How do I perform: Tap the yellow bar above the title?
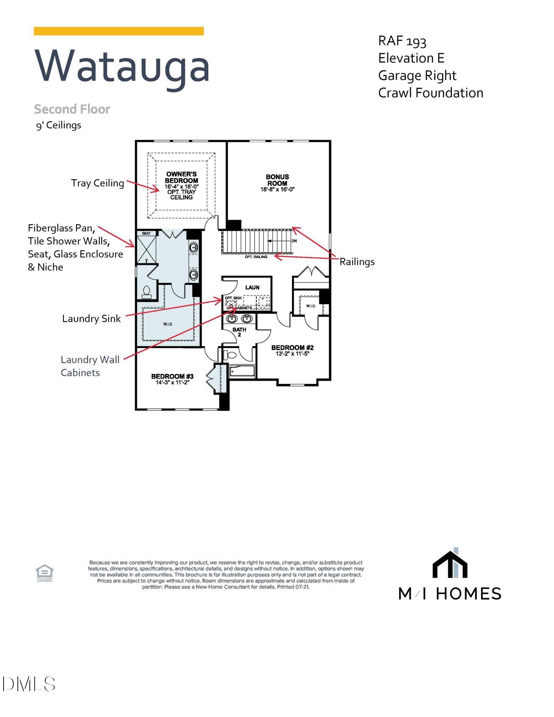119,31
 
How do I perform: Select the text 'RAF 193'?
402,41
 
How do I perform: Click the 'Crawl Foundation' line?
430,93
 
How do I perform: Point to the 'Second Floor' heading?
72,109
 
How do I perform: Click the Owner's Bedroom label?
181,177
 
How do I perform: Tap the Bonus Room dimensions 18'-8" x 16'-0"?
277,190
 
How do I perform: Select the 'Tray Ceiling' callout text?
98,183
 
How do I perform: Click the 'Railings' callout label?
357,262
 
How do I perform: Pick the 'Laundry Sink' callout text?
91,318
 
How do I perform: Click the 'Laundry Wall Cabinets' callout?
90,366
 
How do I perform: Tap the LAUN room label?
252,288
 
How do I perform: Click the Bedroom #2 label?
292,347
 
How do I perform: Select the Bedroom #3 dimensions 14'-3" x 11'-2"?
172,383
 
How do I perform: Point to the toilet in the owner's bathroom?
147,291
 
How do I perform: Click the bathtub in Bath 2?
242,371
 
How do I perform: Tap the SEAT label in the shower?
146,233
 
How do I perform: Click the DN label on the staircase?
294,241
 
